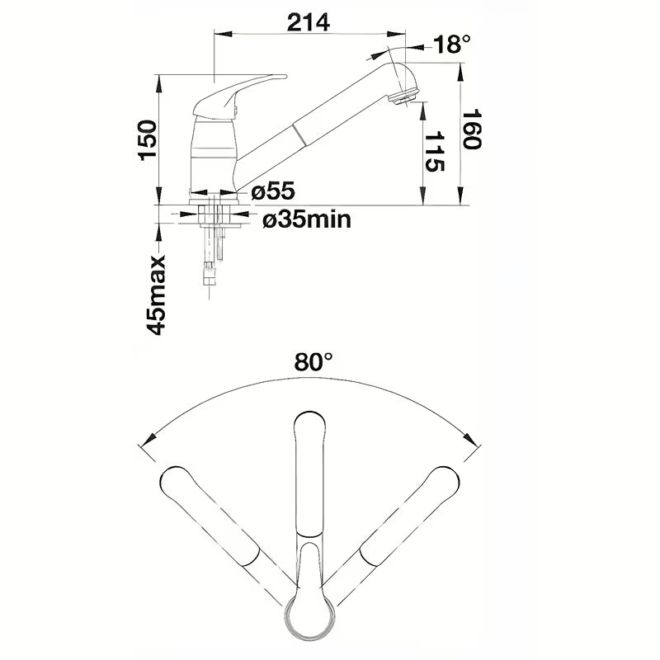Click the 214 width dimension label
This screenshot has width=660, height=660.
point(308,22)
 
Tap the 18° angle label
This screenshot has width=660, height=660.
point(451,44)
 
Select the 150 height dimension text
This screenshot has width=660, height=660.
point(148,140)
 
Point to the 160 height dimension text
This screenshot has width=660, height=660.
point(471,130)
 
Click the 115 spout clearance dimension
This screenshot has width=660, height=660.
point(435,152)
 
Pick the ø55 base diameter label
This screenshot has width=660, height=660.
point(273,191)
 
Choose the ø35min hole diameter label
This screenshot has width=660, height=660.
point(307,219)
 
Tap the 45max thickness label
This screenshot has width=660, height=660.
point(156,295)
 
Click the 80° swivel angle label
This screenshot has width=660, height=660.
point(313,361)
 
